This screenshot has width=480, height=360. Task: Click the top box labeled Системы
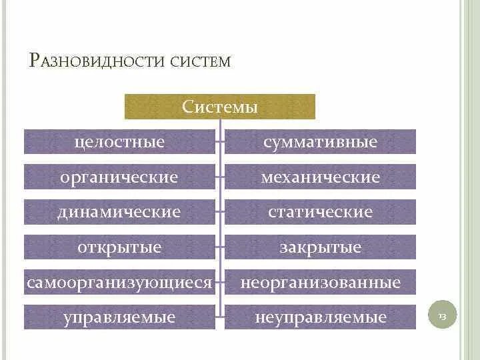coord(220,107)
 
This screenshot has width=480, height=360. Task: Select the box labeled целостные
coord(120,141)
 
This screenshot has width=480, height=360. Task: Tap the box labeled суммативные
coord(320,141)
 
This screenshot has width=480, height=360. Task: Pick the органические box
coord(120,177)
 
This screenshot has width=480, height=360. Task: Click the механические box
coord(320,177)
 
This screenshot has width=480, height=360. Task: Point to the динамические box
coord(120,212)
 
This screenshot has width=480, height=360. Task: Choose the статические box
coord(320,212)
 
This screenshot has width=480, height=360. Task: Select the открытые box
coord(120,247)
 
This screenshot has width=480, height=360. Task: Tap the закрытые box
coord(320,247)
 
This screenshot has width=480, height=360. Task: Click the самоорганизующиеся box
coord(120,282)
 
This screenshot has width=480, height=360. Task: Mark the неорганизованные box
coord(320,282)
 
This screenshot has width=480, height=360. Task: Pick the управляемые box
coord(120,317)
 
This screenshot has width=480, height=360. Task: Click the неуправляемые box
coord(320,317)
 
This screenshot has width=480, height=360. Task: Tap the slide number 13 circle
coord(441,315)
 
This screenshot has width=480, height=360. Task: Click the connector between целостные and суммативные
coord(220,141)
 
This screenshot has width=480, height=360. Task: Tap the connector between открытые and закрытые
coord(220,247)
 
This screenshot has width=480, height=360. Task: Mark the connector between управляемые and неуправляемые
coord(220,313)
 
